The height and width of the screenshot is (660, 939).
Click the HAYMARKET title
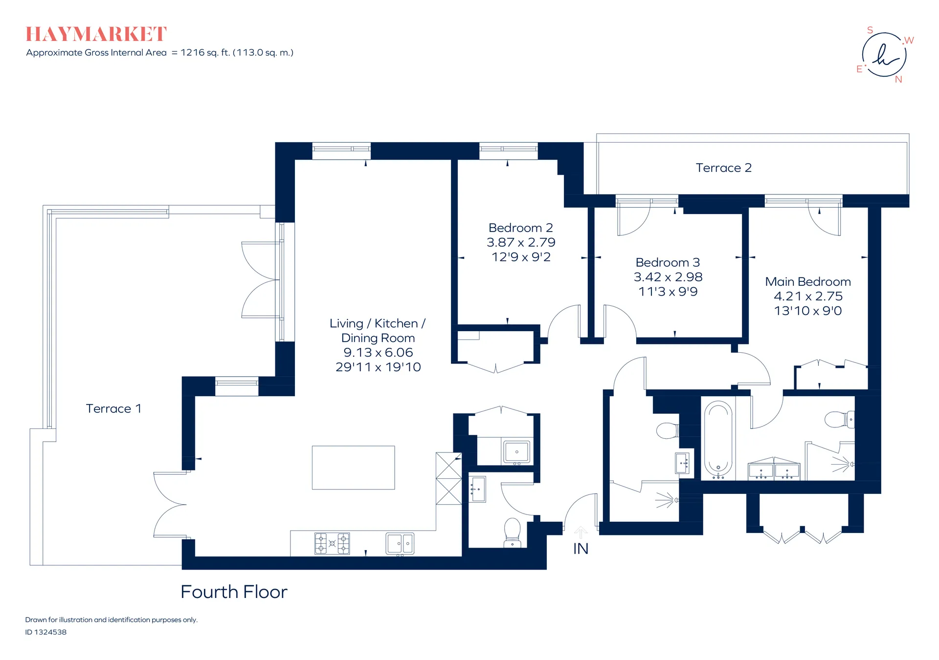(96, 34)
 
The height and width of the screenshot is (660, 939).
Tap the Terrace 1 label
(113, 408)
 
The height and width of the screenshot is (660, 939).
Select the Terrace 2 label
(723, 168)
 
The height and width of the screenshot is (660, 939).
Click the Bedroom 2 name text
(521, 228)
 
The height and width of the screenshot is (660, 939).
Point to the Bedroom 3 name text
(668, 262)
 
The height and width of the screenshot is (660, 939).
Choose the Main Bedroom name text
(808, 282)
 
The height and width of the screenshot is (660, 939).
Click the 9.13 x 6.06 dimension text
(378, 352)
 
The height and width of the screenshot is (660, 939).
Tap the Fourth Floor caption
(234, 592)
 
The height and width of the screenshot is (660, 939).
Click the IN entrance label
(581, 549)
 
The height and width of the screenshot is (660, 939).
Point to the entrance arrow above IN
(581, 532)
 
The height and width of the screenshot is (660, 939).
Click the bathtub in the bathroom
(718, 438)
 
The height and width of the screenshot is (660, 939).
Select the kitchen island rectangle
(353, 468)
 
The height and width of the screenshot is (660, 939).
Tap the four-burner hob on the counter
(332, 543)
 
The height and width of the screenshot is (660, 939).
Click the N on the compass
(898, 80)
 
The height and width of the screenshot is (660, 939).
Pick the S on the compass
(870, 30)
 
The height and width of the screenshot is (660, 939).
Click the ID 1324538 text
(46, 632)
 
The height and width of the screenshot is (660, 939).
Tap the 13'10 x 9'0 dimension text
(808, 311)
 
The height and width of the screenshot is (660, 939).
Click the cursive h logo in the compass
(885, 55)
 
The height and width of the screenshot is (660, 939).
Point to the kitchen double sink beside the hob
(400, 544)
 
